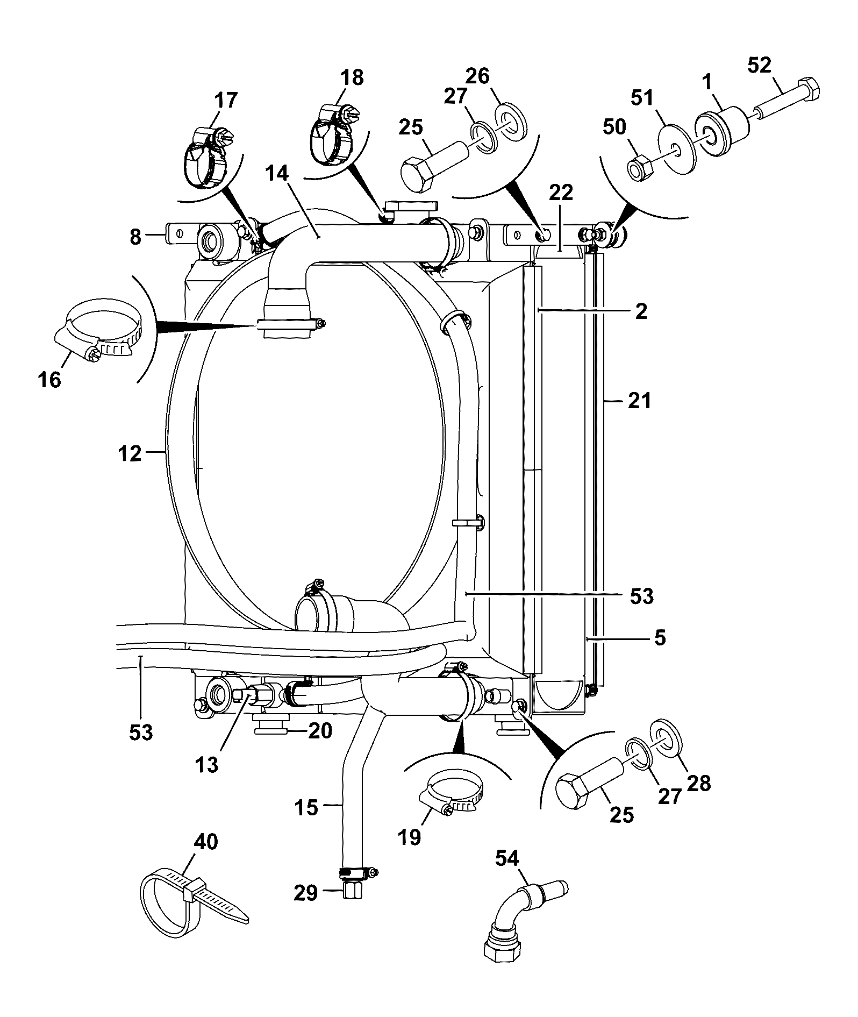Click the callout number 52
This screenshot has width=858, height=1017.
(x=759, y=65)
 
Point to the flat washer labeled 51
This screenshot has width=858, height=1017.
(x=676, y=148)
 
